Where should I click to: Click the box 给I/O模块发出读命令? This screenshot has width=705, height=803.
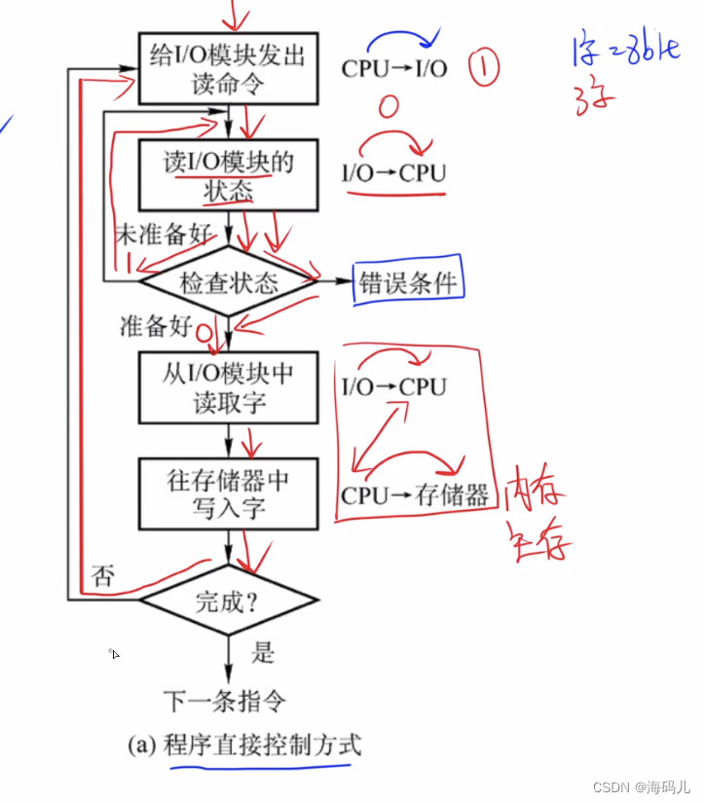[229, 68]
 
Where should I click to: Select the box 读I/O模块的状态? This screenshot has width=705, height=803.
[229, 176]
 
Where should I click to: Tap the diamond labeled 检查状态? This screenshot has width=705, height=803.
[229, 283]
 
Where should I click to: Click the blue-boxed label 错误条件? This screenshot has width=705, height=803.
[408, 282]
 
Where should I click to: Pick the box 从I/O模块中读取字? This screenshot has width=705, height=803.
[229, 386]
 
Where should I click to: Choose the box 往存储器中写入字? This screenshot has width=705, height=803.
[229, 493]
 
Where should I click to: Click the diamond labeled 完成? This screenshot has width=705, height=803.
[229, 601]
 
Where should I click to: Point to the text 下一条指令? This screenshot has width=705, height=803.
[225, 700]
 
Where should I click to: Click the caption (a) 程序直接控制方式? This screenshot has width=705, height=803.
[243, 747]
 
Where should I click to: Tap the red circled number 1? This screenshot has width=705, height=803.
[484, 67]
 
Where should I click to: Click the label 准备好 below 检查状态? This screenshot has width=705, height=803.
[156, 326]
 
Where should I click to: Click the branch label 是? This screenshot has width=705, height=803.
[263, 651]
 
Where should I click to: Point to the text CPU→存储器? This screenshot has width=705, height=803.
[414, 495]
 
